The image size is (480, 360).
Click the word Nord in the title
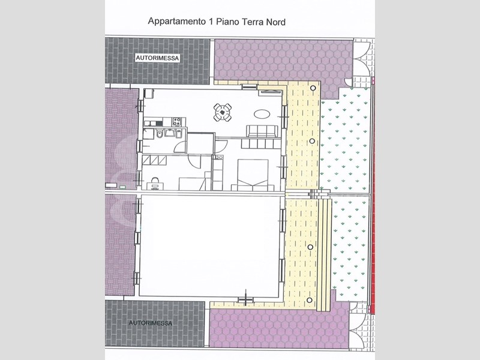tap(275, 22)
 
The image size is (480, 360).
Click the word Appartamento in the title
tap(176, 22)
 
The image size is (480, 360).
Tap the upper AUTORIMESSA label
tap(157, 58)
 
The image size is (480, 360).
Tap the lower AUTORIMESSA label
tap(151, 323)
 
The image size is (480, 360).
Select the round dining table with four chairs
tap(223, 112)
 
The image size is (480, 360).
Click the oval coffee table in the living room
tap(262, 115)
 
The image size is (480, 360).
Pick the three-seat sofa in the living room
tap(262, 131)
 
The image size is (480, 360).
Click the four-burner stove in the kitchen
tap(176, 122)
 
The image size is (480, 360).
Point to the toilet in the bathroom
tap(159, 134)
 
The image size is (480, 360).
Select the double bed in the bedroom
tap(253, 175)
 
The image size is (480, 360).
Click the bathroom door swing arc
tap(180, 147)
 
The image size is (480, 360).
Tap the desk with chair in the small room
tap(155, 183)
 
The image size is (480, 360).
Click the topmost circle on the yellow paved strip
tap(313, 88)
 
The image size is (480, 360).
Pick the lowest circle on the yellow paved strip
tap(310, 300)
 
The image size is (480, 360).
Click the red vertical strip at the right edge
tap(373, 196)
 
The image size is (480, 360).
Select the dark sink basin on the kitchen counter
tap(159, 123)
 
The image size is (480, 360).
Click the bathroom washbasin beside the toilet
tap(169, 133)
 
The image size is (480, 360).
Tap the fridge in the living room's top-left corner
tap(149, 94)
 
